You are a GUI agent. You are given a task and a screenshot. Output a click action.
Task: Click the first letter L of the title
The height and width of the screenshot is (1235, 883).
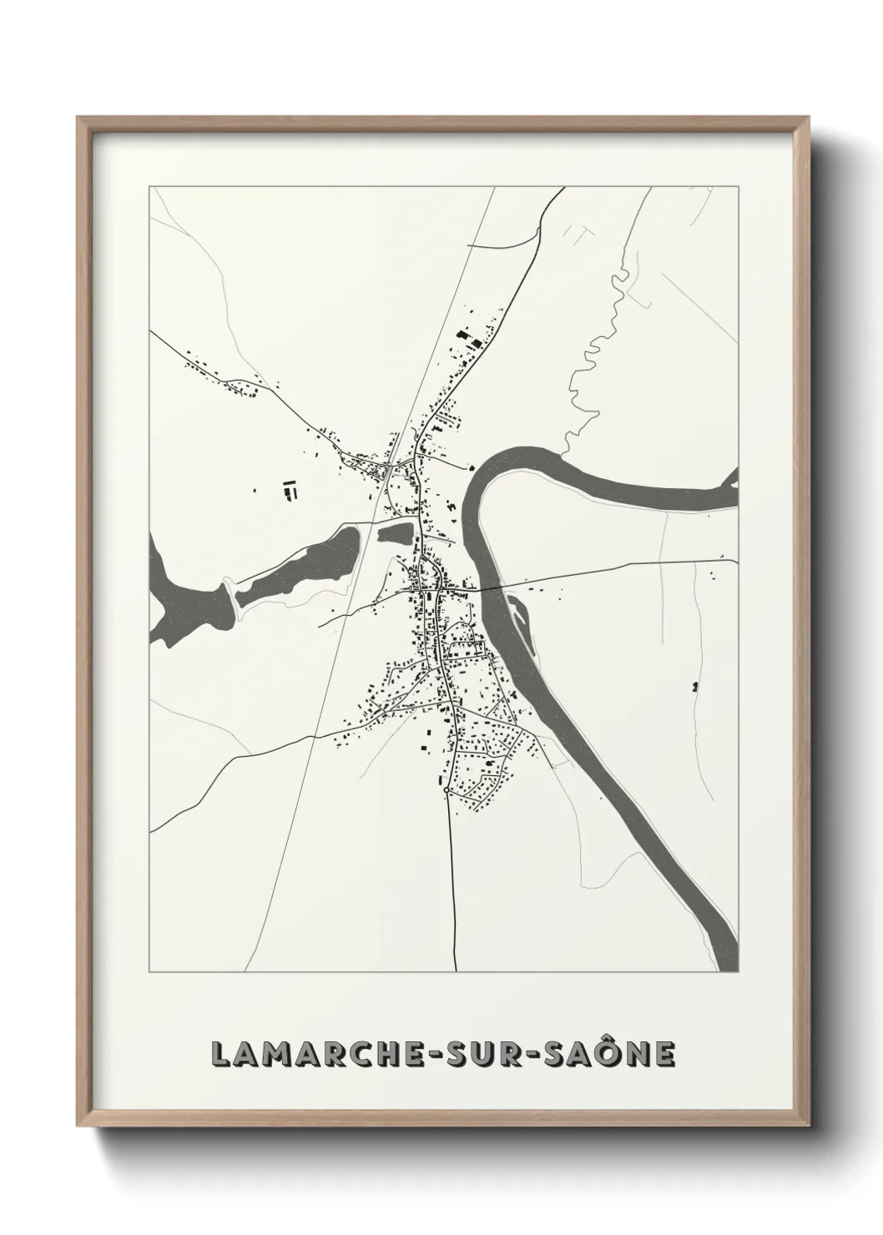click(x=219, y=1054)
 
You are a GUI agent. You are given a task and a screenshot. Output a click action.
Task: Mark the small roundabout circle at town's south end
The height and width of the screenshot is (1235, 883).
click(x=448, y=789)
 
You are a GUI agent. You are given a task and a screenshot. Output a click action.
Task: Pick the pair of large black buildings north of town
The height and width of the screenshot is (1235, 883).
click(x=468, y=340)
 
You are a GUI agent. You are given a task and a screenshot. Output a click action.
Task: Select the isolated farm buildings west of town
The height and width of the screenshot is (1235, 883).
click(x=290, y=488)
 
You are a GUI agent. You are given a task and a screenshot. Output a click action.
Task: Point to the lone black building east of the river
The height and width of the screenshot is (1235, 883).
click(x=694, y=687)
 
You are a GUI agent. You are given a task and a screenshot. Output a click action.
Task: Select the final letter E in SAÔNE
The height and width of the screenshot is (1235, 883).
click(x=665, y=1054)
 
